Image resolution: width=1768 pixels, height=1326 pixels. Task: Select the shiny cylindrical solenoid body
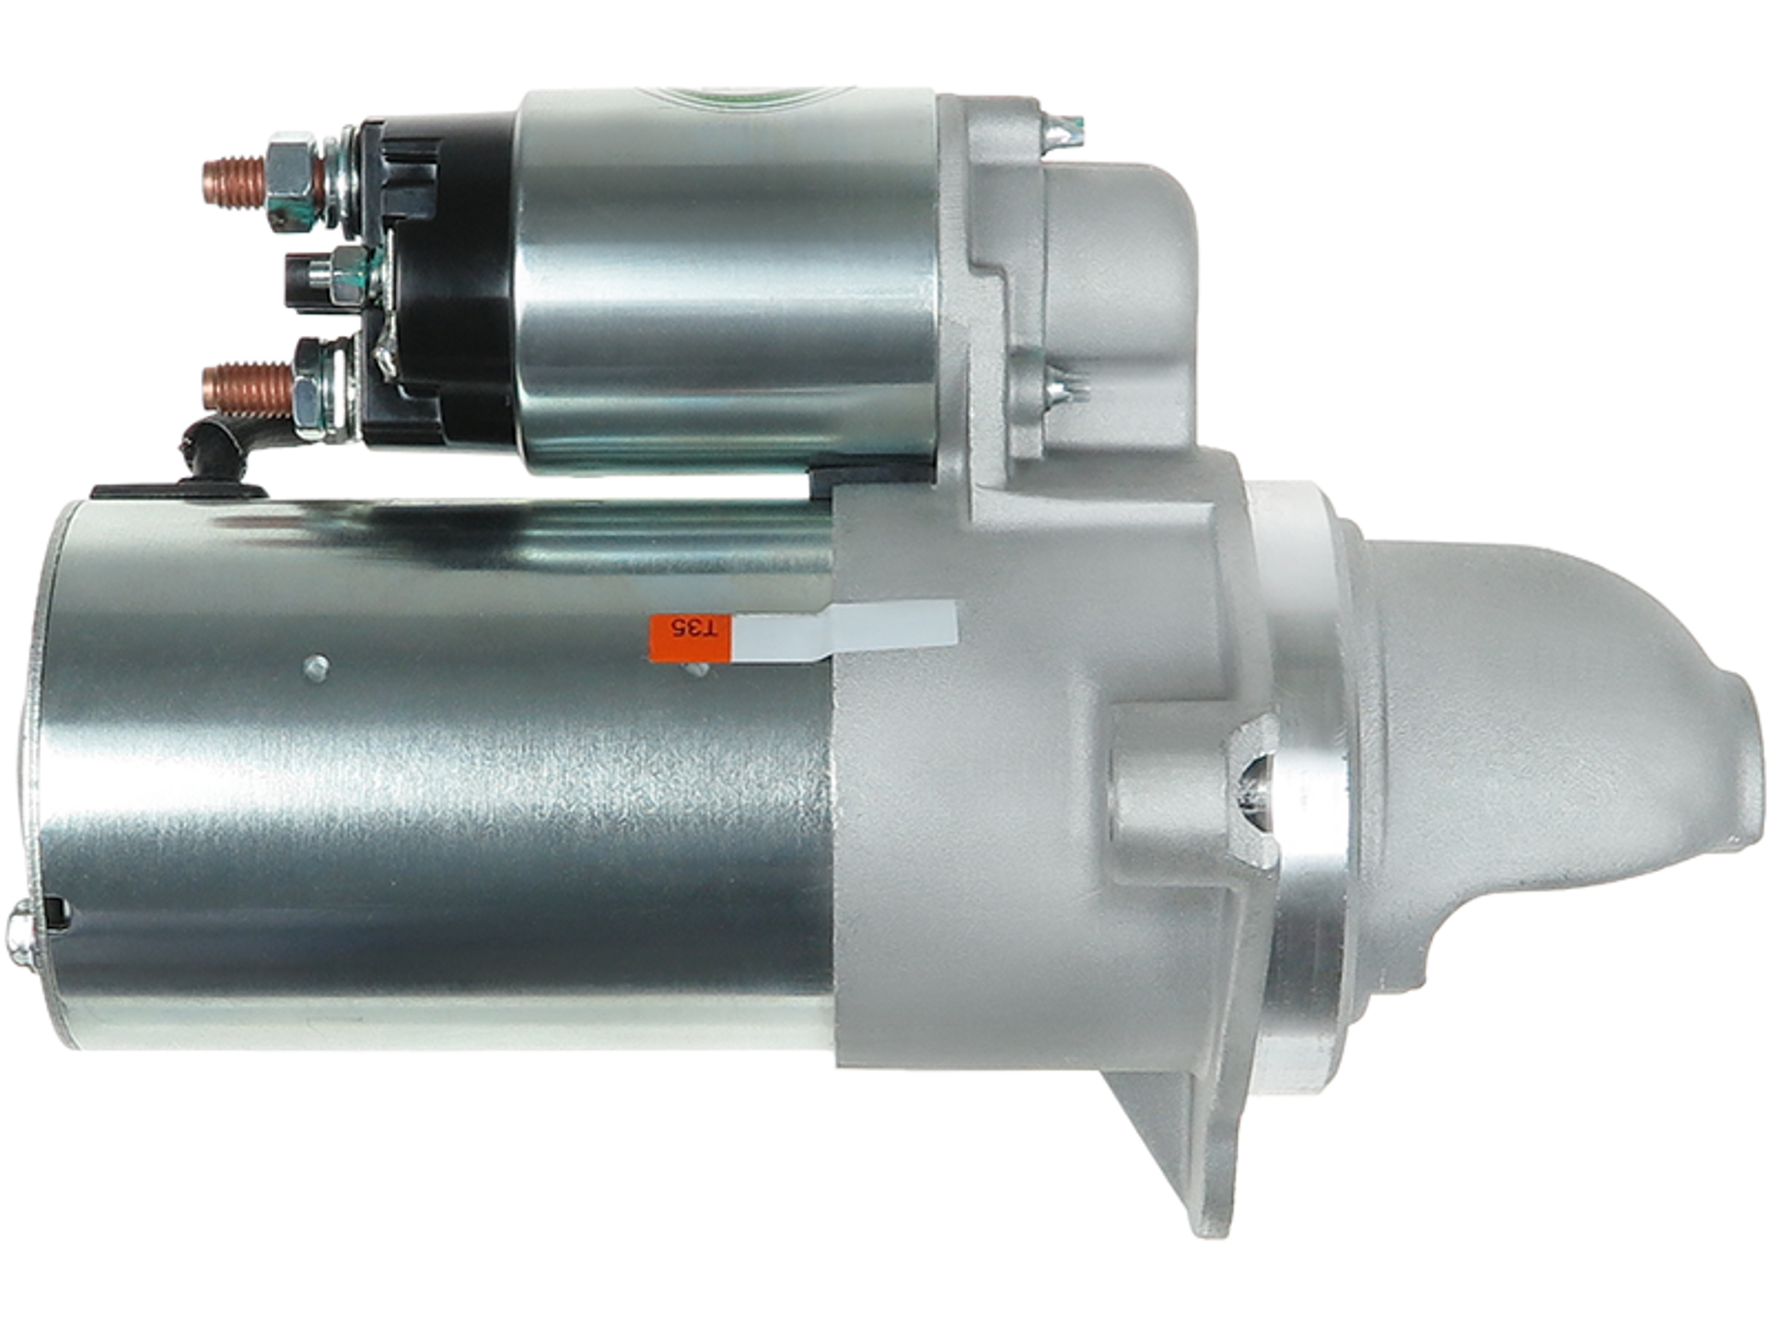[727, 276]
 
